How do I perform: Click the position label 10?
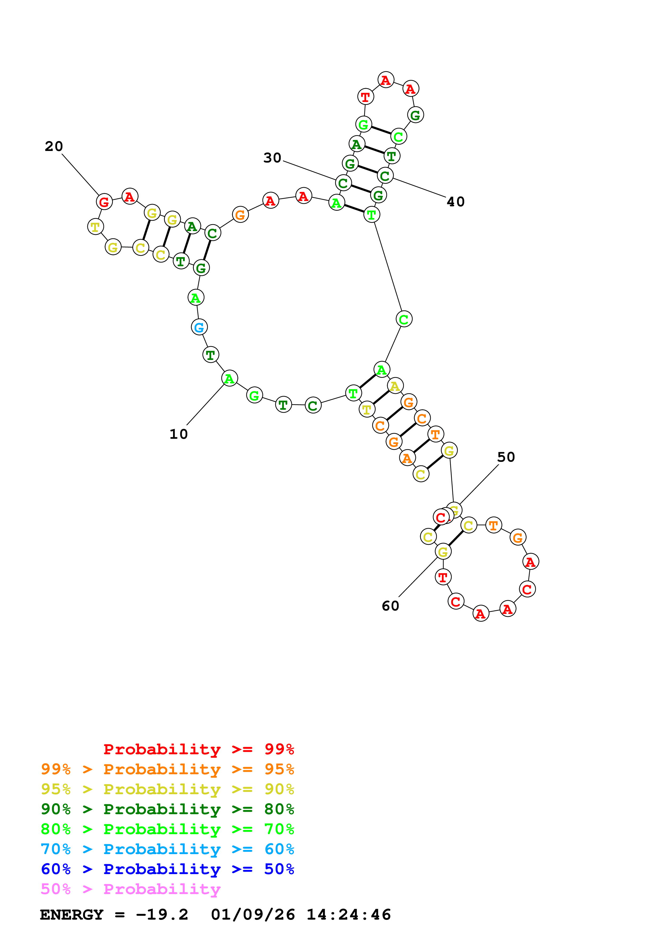179,434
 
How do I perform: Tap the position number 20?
54,146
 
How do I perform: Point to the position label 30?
272,158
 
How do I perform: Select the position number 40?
456,202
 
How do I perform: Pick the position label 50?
506,457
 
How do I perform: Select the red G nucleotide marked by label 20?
104,202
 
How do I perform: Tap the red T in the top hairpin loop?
366,97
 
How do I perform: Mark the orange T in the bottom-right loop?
494,525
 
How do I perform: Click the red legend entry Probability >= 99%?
198,749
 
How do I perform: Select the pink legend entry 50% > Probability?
130,889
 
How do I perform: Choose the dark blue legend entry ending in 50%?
167,869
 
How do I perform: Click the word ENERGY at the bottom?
72,915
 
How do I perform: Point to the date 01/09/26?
253,915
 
